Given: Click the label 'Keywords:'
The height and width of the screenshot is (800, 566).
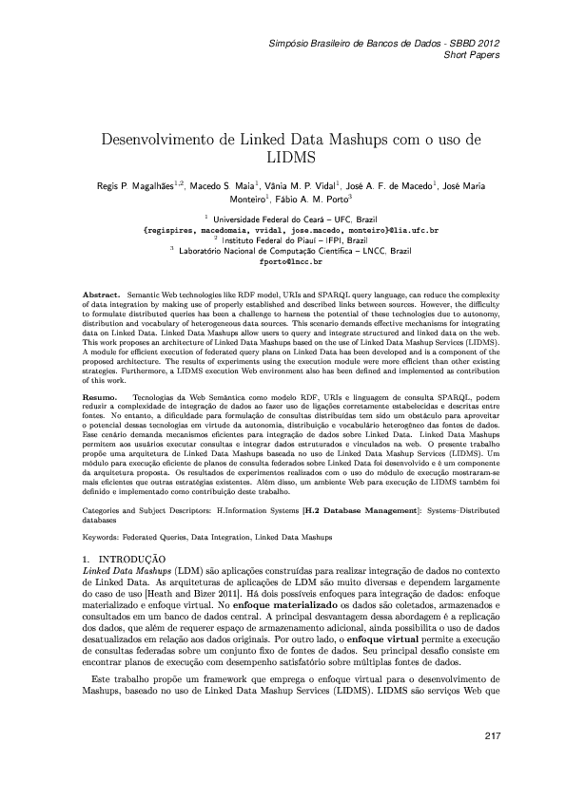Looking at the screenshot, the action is [102, 538].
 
